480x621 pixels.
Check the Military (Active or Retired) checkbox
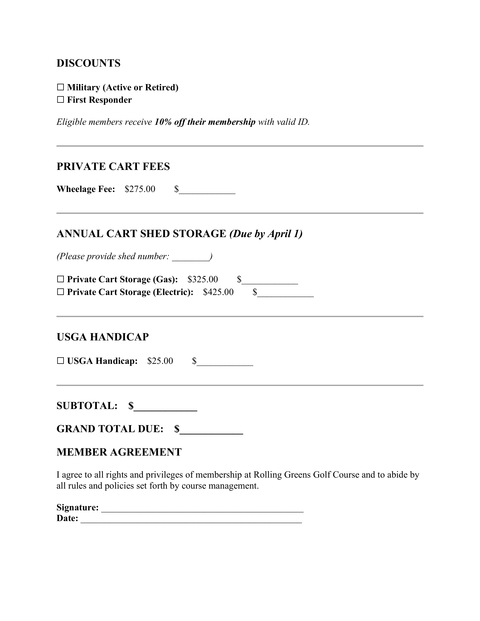60,87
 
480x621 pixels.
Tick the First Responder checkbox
60,100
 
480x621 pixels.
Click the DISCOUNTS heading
88,63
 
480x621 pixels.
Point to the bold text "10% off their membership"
205,122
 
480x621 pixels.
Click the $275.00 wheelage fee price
140,189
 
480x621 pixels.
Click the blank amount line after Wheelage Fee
207,191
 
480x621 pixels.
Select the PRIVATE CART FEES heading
113,167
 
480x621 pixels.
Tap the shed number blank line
191,258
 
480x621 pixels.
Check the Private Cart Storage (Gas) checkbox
60,279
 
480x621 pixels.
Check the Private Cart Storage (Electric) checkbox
60,292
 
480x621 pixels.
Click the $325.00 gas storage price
203,279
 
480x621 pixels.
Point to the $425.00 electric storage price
218,292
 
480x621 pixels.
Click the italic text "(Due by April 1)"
266,234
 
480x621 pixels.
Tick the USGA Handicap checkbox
60,361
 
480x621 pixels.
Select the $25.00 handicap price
160,361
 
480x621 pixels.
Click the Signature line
202,509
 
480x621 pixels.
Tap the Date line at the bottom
191,520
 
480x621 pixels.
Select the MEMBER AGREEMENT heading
119,452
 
